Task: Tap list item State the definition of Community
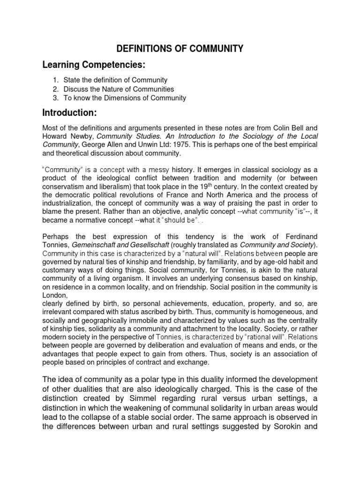(x=116, y=80)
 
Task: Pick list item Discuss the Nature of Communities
(x=119, y=89)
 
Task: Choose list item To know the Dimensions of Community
(x=125, y=98)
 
